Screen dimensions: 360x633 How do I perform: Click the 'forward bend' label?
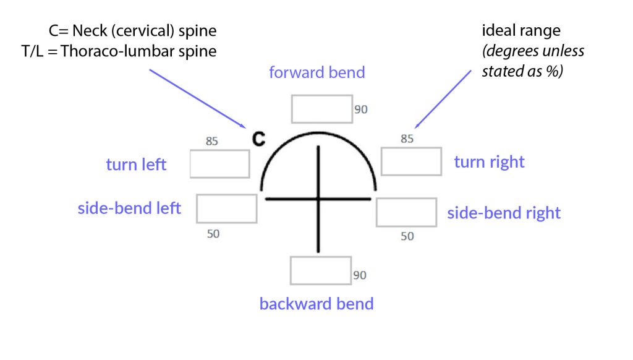coord(316,72)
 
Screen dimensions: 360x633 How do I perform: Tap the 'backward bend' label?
coord(316,304)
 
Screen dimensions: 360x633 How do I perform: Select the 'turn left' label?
coord(136,165)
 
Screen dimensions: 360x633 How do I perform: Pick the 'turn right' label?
coord(489,162)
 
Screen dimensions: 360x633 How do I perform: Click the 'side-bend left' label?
coord(129,208)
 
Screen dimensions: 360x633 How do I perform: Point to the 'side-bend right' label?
coord(504,213)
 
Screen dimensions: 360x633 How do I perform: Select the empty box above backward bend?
coord(321,270)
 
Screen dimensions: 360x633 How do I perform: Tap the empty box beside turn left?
coord(219,164)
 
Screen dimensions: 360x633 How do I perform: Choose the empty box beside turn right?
coord(411,161)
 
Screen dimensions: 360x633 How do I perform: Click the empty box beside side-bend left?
coord(226,208)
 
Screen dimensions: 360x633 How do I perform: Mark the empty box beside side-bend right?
coord(406,212)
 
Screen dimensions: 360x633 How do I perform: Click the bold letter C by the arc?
coord(258,140)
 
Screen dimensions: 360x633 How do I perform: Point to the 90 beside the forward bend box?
coord(361,109)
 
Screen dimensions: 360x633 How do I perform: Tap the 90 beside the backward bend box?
coord(360,275)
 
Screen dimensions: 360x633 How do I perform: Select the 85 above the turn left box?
coord(212,141)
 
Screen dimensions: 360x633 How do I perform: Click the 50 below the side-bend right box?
coord(407,236)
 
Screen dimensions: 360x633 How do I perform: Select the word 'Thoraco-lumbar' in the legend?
coord(109,51)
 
